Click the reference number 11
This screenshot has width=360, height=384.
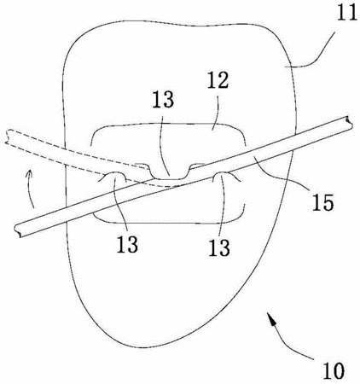pos(346,13)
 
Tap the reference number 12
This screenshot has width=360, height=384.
pos(218,80)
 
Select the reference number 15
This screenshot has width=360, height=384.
pos(322,202)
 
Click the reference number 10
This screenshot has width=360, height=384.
pos(334,370)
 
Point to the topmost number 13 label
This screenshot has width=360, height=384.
pos(163,99)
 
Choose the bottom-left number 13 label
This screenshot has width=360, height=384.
pos(127,244)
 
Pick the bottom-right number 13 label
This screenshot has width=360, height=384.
pos(219,247)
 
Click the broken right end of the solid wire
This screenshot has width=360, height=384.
pos(349,122)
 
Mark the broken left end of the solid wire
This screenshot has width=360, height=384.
pos(18,230)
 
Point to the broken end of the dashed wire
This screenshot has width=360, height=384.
pos(8,137)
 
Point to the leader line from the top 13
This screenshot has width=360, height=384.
pos(165,143)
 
